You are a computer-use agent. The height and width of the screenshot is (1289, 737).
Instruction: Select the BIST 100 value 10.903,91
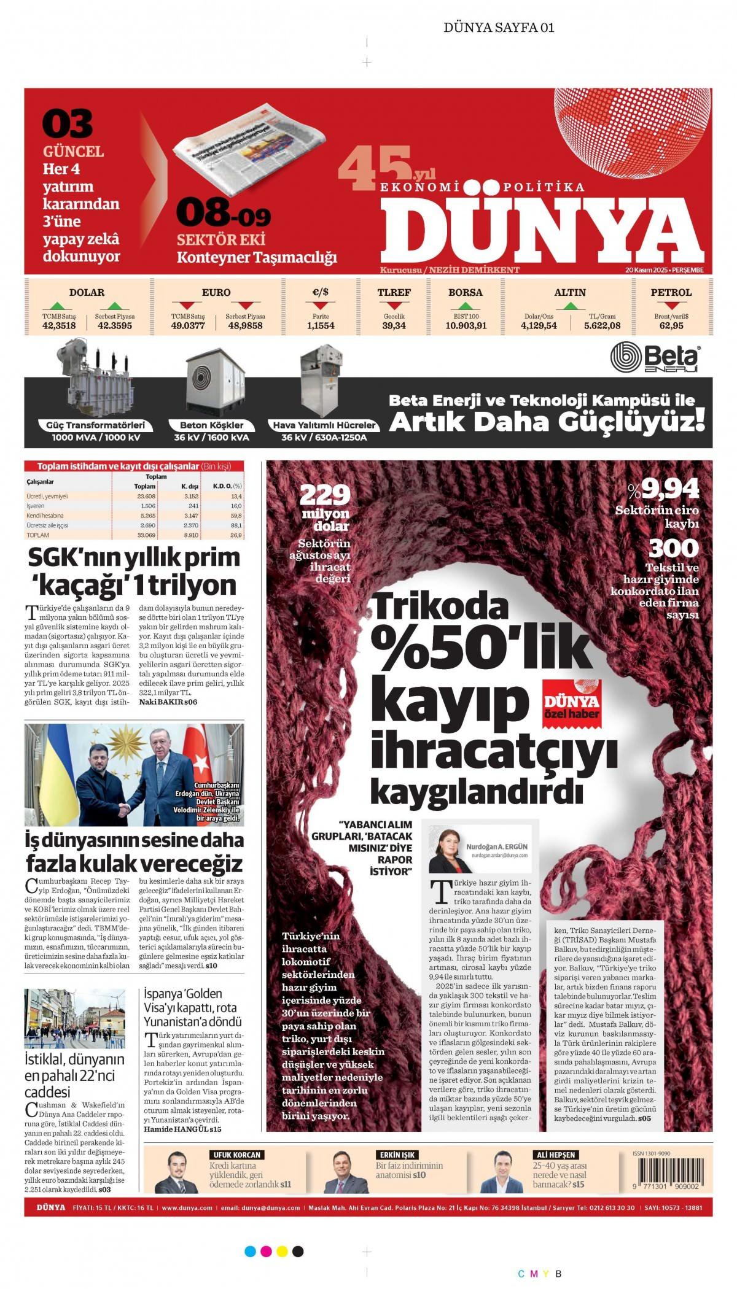tap(466, 326)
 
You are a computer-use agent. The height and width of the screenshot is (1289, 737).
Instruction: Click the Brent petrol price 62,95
tap(671, 326)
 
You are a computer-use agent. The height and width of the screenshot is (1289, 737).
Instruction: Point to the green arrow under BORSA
tap(466, 305)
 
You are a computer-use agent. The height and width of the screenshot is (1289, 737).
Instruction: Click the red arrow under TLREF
tap(394, 305)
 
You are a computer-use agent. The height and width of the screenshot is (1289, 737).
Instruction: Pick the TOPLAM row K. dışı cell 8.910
tap(190, 535)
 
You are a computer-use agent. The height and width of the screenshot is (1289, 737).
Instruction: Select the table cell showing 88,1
tap(236, 525)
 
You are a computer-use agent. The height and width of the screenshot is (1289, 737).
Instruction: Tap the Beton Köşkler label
tap(211, 425)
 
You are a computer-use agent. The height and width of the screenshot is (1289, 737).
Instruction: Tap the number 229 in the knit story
tap(324, 495)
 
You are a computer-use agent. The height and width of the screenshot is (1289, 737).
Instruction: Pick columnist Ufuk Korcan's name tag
tap(237, 1155)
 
